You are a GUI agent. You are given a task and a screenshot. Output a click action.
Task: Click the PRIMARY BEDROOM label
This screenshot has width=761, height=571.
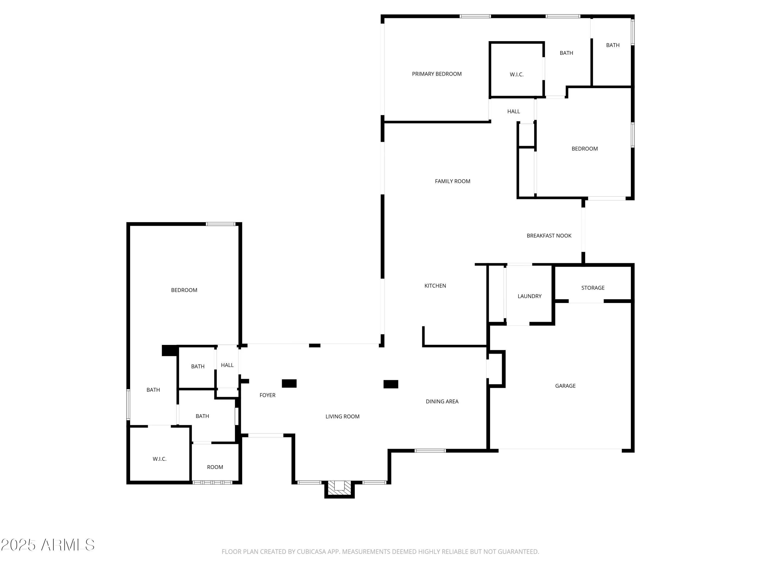437,74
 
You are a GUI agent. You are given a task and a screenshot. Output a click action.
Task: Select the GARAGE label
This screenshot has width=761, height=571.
565,386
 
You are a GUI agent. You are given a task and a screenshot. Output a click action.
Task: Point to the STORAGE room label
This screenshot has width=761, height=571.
593,288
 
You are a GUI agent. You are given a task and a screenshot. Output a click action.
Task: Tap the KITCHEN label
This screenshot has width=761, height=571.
435,286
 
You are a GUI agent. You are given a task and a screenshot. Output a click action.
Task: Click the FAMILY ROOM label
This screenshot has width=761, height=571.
452,181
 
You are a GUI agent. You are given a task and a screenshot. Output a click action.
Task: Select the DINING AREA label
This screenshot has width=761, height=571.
442,401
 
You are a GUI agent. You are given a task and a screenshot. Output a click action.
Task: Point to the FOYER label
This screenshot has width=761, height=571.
267,395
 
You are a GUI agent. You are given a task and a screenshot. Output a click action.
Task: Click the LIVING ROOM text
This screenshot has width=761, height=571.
342,416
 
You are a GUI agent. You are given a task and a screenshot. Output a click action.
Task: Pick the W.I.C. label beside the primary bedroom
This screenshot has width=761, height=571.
516,75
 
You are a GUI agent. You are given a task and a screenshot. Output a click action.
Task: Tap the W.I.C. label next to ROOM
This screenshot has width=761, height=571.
160,459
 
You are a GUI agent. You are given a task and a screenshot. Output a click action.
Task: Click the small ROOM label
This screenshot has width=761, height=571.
215,467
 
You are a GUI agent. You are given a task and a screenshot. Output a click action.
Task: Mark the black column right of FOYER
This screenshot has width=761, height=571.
289,383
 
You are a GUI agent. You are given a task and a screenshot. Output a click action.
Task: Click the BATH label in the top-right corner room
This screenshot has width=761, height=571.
613,45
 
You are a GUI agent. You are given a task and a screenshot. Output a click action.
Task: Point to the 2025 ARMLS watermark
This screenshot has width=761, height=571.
48,545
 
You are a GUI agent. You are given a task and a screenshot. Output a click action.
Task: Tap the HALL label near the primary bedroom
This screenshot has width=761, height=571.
513,111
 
